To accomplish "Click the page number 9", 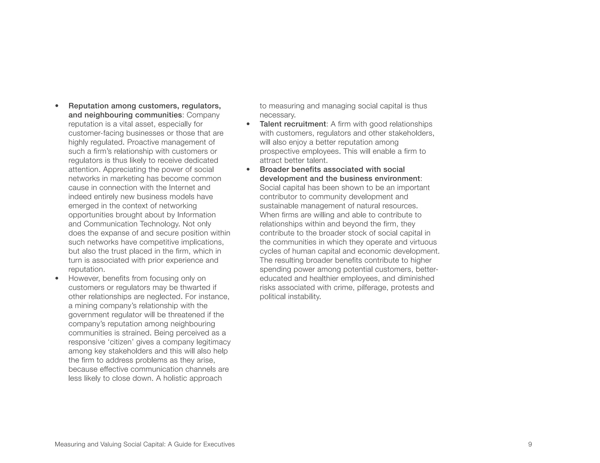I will click(x=530, y=444).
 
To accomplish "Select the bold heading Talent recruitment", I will click(x=292, y=124).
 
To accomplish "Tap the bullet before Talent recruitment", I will click(x=248, y=124).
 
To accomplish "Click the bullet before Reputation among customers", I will click(x=57, y=106).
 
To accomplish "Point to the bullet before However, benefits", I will click(x=57, y=279).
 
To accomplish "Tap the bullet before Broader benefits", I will click(x=248, y=169).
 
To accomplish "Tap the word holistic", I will click(x=175, y=378).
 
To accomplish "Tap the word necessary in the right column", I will click(x=277, y=115).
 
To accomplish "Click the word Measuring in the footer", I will click(x=69, y=444).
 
